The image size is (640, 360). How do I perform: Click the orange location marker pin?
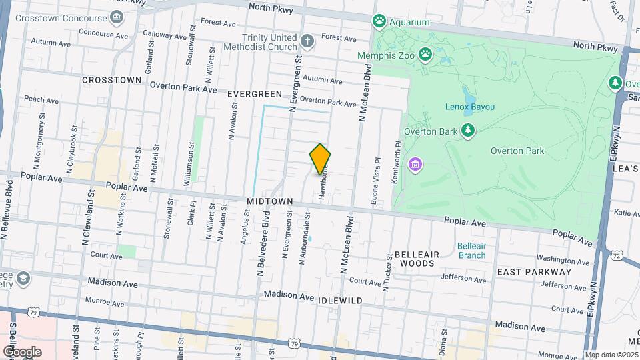320,159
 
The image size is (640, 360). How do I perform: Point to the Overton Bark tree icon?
468,131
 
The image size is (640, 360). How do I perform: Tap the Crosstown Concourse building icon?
117,16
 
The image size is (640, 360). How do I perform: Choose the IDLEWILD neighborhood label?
341,301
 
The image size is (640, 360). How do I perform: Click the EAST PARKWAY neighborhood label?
534,271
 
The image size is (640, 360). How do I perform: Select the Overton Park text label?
517,151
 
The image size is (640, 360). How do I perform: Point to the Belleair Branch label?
472,251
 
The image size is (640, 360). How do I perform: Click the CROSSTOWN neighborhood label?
111,80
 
